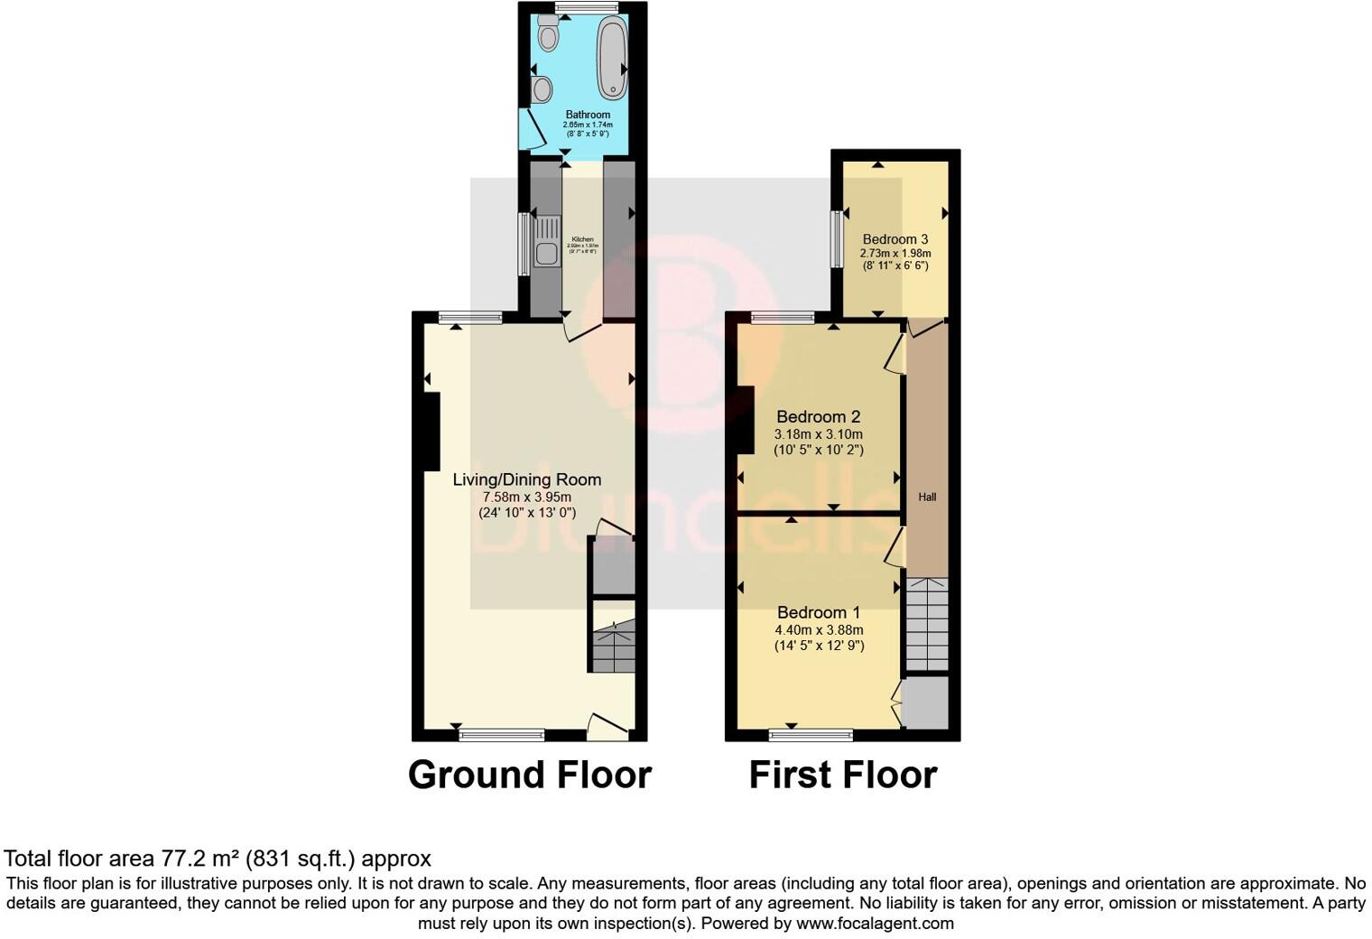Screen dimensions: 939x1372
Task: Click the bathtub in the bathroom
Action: click(x=613, y=56)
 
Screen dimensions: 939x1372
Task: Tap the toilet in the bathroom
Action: click(x=548, y=33)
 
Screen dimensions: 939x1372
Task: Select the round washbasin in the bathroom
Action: click(x=542, y=89)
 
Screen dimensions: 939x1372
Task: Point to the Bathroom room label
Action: click(x=588, y=115)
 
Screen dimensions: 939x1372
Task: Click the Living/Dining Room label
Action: click(x=527, y=479)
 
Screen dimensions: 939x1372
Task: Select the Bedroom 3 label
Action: click(x=895, y=239)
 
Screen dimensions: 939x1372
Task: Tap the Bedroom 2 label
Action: click(x=819, y=416)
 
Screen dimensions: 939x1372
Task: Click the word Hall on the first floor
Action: click(x=927, y=497)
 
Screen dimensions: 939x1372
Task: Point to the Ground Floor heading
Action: click(x=530, y=775)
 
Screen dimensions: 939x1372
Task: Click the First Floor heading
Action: click(x=843, y=775)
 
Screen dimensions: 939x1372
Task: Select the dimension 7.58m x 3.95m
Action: click(x=527, y=497)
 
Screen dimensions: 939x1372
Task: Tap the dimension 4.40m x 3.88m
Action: click(x=819, y=629)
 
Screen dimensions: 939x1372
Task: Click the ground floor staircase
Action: click(x=614, y=646)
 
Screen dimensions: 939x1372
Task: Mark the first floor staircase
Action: click(x=927, y=623)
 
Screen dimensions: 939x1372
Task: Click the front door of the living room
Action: click(x=608, y=727)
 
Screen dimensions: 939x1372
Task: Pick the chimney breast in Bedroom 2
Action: click(x=746, y=419)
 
